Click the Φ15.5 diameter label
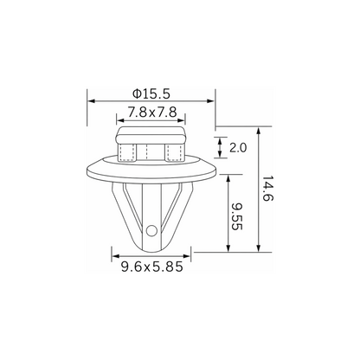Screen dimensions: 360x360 (151, 93)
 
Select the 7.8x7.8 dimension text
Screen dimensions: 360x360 (152, 112)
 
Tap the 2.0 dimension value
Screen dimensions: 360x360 (238, 148)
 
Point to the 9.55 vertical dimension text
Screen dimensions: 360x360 (237, 216)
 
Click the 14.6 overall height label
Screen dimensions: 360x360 (267, 189)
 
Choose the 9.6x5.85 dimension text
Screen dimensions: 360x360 (152, 267)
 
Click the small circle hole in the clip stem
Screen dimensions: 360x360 (151, 230)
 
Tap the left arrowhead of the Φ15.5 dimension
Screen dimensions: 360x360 (91, 101)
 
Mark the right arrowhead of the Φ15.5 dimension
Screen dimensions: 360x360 (211, 101)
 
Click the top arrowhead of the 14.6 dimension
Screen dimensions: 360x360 (259, 131)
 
